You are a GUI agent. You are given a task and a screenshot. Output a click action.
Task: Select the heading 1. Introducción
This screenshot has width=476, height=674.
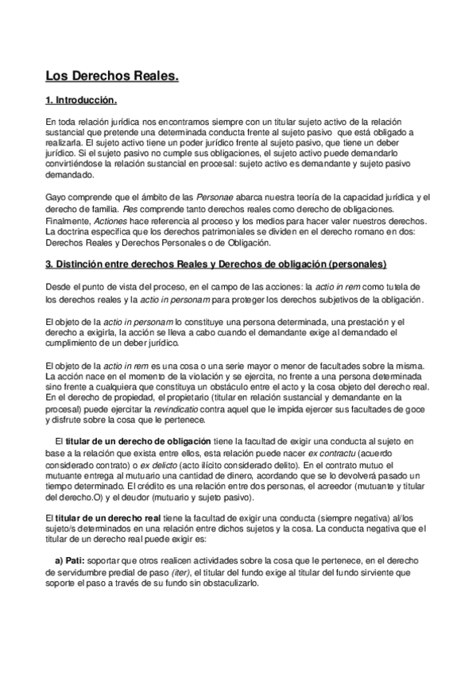(82, 101)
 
